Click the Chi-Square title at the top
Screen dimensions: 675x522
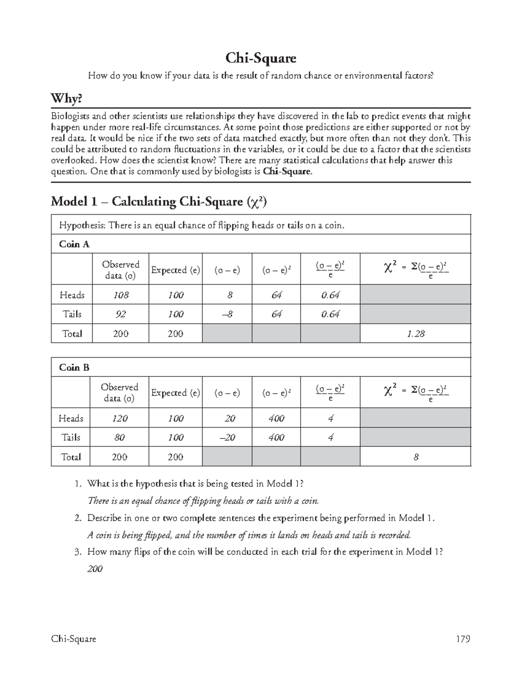pos(261,58)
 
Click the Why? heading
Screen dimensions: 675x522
pos(66,99)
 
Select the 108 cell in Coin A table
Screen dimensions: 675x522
pos(120,295)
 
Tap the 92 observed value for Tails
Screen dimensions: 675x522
pos(120,314)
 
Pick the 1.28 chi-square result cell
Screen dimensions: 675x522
pos(416,334)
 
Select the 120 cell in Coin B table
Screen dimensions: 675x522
pos(120,419)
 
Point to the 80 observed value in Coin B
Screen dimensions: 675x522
pos(120,438)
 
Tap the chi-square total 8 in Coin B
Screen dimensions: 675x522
pos(416,457)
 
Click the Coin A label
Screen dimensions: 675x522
pos(74,244)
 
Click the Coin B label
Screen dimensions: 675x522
pos(74,368)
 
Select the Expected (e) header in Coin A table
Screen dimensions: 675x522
pos(175,270)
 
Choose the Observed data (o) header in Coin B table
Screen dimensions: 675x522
pos(120,392)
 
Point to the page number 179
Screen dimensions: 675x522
pos(463,639)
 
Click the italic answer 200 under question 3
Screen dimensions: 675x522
pos(95,569)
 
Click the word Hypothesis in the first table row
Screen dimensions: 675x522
pos(82,225)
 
